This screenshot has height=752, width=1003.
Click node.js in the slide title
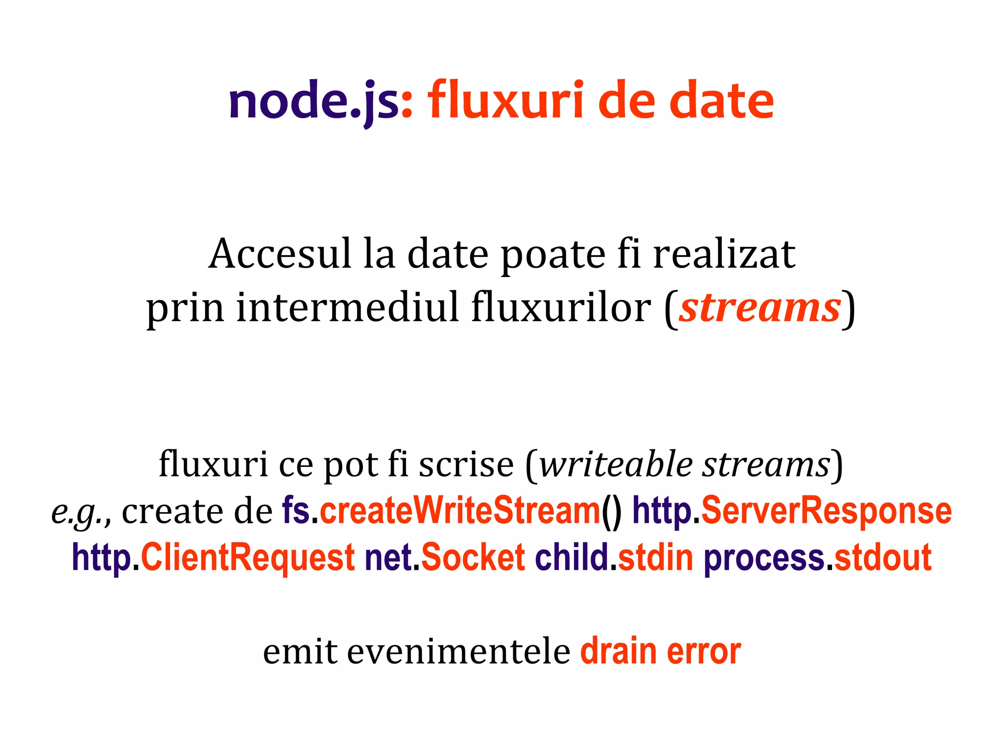tap(313, 101)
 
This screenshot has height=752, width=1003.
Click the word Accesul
tap(280, 254)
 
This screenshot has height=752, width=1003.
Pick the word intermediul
tap(348, 308)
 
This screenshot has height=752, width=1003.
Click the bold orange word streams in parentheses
tap(760, 308)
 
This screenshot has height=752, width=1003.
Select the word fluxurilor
tap(561, 308)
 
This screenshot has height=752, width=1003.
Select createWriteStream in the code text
tap(460, 511)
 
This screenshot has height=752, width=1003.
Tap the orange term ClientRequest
tap(248, 558)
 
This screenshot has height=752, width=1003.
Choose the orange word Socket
tap(473, 558)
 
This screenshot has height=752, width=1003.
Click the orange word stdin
tap(656, 558)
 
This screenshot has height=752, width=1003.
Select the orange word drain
tap(618, 652)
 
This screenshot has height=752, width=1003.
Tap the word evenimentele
tap(458, 653)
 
